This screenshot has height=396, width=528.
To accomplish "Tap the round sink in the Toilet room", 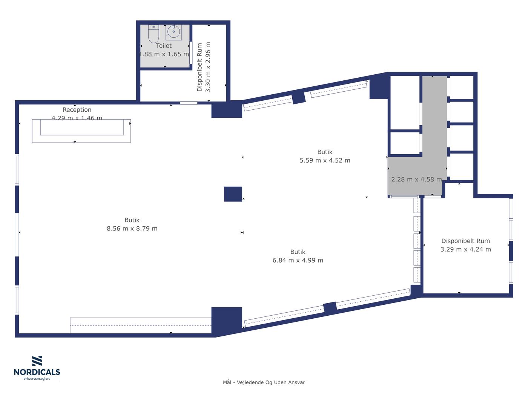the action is (173, 32).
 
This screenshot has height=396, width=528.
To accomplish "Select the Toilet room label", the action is (164, 46).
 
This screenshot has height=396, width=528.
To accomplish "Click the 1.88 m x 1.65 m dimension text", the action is (164, 54).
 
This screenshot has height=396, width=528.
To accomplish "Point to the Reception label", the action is (77, 110).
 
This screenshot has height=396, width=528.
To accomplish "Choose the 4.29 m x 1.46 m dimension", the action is (77, 118).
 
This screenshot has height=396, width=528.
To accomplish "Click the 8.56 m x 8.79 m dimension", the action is (132, 229).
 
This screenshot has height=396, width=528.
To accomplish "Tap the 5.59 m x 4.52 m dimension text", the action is (325, 160).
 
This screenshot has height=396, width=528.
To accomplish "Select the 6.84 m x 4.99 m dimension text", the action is (298, 260).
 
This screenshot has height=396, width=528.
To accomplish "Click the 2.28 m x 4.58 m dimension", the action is (416, 180).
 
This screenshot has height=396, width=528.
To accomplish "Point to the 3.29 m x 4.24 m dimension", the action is (466, 249).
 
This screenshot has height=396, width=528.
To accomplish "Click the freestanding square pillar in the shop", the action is (233, 194).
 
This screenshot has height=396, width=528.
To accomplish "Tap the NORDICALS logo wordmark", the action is (37, 372).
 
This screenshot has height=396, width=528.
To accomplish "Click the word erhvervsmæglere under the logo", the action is (37, 379).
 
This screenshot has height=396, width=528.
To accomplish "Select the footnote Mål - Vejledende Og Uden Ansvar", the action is (264, 382).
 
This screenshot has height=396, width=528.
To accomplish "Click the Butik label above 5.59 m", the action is (325, 152).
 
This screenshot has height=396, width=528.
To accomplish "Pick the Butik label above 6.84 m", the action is (298, 252).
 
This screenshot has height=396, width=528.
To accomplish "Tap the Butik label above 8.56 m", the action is (132, 220).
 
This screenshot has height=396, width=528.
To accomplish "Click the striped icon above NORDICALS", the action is (37, 361).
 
